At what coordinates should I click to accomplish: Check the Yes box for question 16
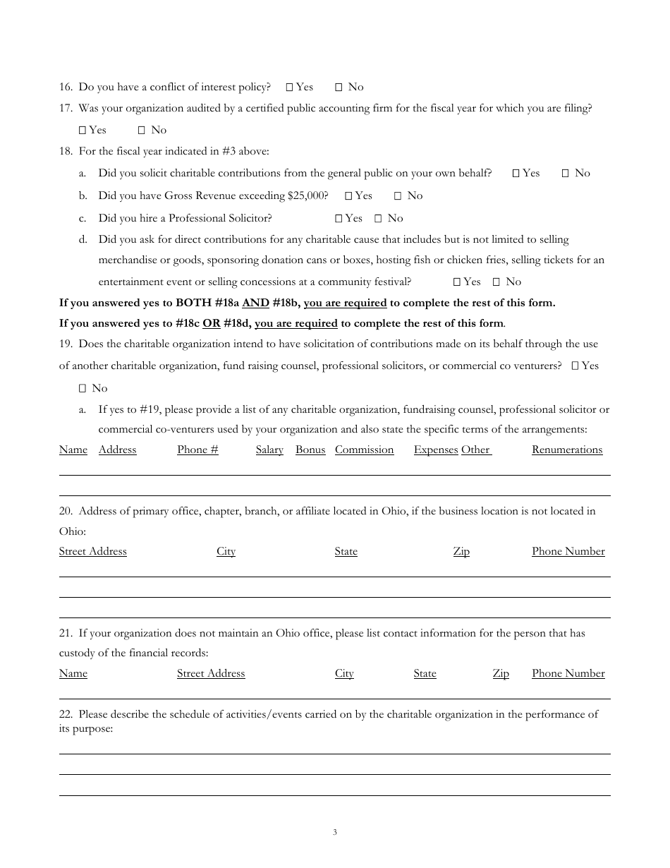290,88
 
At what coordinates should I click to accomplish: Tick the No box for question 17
142,131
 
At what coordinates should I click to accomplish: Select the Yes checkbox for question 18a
516,174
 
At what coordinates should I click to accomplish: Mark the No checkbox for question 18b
398,196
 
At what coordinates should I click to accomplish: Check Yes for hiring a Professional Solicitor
339,219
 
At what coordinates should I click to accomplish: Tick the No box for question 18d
497,282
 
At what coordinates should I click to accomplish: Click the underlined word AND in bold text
255,303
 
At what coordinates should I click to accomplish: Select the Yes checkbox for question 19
575,366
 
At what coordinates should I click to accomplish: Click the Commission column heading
364,450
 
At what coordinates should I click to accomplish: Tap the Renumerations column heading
567,450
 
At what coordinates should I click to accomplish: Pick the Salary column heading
269,450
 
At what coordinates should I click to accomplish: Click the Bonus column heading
310,450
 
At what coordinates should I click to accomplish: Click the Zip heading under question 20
461,551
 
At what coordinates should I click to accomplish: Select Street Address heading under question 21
211,673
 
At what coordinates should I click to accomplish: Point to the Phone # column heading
197,450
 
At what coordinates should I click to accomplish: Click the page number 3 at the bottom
335,832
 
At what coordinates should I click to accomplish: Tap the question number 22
66,714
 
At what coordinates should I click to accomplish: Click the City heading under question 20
226,551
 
